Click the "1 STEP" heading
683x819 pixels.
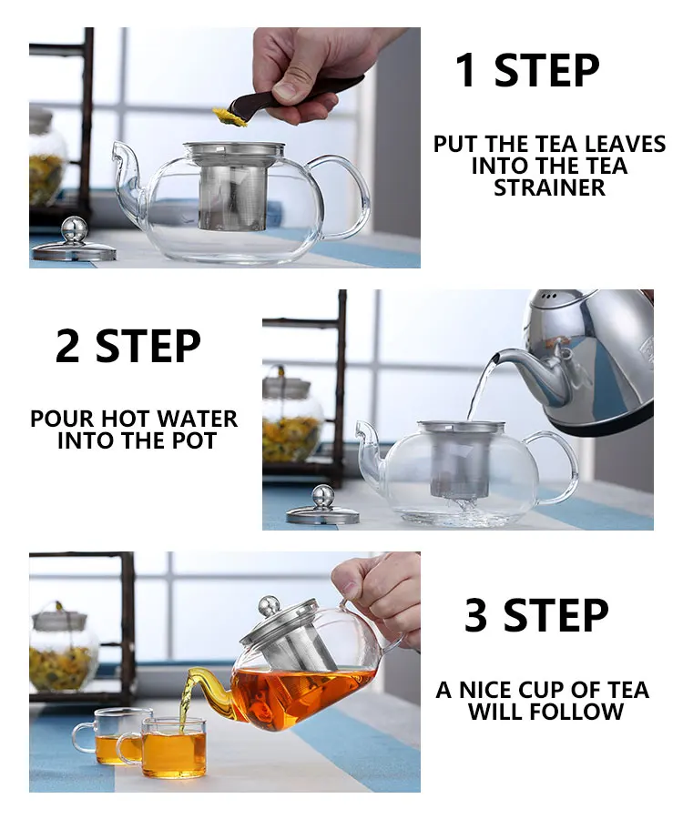point(527,70)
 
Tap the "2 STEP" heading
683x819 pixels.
point(128,346)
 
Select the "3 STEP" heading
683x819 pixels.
point(536,615)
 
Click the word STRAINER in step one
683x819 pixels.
point(549,187)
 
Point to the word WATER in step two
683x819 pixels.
point(197,419)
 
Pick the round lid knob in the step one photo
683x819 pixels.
point(74,229)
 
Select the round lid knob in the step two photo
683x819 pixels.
point(323,497)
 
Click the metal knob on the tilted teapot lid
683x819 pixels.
point(270,607)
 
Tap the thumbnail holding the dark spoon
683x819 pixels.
point(286,92)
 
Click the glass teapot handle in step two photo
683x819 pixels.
point(557,469)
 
